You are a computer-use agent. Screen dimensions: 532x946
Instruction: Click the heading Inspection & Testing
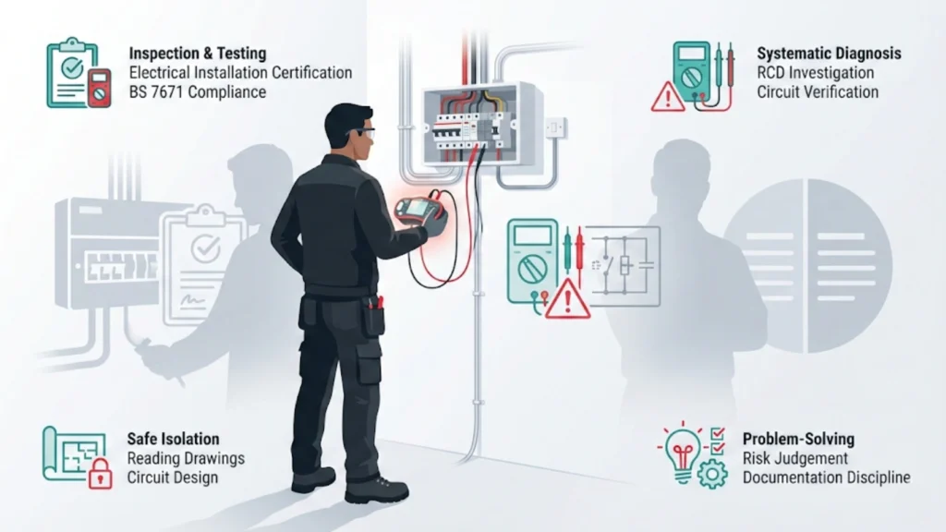tap(197, 54)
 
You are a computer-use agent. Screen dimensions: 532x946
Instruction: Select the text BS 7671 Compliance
tap(197, 92)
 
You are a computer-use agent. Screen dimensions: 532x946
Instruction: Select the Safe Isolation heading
tap(173, 439)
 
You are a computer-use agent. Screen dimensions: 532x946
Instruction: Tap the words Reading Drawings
tap(186, 459)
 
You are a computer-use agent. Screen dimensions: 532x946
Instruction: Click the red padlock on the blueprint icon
tap(99, 475)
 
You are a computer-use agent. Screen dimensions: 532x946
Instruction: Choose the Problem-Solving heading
tap(798, 439)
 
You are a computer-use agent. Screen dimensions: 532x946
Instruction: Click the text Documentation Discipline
tap(826, 478)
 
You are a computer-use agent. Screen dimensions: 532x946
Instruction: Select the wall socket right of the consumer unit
tap(554, 127)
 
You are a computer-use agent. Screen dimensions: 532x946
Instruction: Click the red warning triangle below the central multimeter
tap(566, 302)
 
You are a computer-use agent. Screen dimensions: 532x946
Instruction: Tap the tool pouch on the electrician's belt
tap(373, 316)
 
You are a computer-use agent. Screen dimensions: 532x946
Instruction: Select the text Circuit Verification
tap(817, 92)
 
